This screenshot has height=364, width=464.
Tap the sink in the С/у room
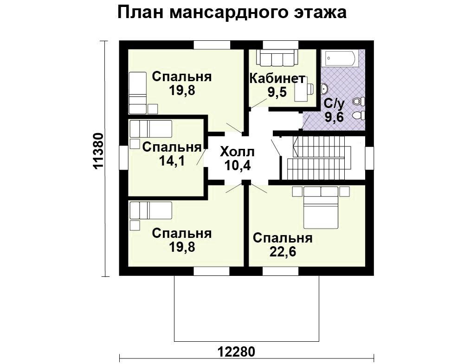[325, 89]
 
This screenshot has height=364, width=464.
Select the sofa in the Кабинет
[277, 57]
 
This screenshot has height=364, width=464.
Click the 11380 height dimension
[98, 151]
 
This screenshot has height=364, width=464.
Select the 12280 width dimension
[236, 352]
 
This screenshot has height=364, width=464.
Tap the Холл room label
[237, 152]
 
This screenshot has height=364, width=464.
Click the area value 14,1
[172, 161]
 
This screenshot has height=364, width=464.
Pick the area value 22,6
[283, 252]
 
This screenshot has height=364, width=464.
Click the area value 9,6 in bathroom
[334, 117]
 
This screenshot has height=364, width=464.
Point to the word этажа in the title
[320, 13]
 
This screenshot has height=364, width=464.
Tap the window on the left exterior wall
[124, 158]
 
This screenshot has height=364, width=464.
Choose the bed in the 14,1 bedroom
[151, 128]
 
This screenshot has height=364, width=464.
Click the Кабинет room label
[277, 79]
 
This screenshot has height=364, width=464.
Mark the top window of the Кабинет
[281, 45]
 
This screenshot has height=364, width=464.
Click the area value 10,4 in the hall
[237, 166]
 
